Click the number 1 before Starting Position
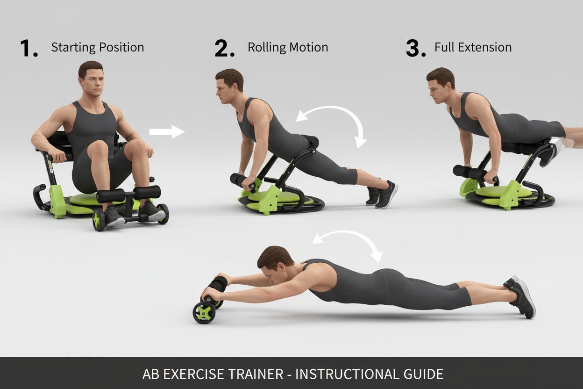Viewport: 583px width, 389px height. point(28,49)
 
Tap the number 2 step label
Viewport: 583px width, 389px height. point(224,49)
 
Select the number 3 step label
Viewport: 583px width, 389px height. point(415,49)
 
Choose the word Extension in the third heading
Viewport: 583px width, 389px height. point(488,48)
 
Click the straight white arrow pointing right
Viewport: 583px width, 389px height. point(167,132)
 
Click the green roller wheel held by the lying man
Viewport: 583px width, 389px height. point(204,313)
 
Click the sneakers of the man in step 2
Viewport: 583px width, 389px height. point(382,194)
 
